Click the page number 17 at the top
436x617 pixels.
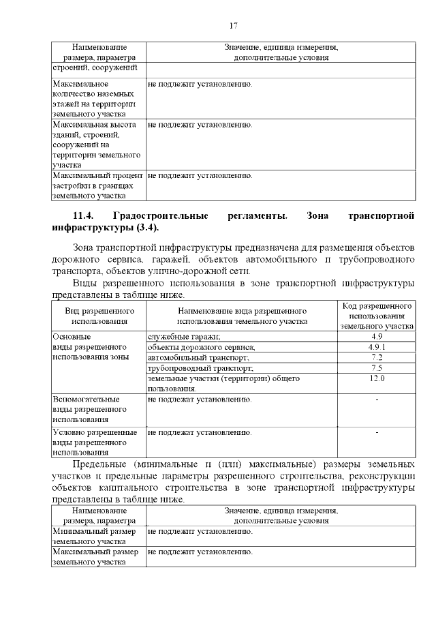233,26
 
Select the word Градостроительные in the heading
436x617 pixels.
159,216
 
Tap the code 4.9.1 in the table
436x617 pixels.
377,347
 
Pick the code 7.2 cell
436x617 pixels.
377,357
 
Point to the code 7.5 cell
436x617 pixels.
377,367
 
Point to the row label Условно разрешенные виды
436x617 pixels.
95,442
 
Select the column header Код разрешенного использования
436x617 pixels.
377,316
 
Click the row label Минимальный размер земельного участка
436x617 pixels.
95,536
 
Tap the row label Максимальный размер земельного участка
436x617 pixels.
95,557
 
